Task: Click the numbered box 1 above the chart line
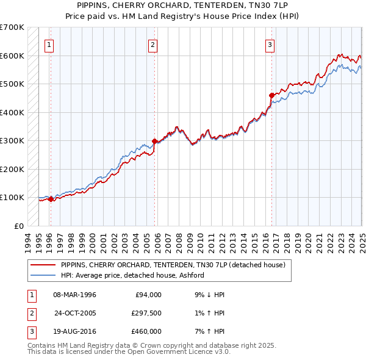coord(48,44)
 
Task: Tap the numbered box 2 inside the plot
coord(152,44)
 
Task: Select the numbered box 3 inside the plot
coord(270,44)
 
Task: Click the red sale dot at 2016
coord(272,95)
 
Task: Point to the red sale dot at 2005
coord(155,142)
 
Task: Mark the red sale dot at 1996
coord(51,199)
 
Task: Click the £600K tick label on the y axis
coord(12,56)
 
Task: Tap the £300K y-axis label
coord(12,141)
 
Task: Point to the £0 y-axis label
coord(18,226)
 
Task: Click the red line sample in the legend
coord(43,265)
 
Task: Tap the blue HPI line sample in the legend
coord(43,275)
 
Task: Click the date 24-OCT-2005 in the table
coord(76,313)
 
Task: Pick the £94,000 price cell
coord(146,295)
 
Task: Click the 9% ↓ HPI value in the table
coord(208,295)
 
